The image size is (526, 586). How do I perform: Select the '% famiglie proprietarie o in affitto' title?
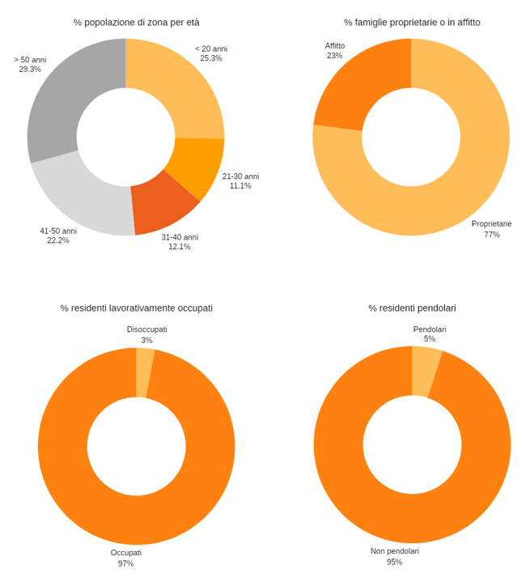click(x=412, y=22)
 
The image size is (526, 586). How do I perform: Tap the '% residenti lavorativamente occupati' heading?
click(x=136, y=308)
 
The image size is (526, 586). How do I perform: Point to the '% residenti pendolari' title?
click(x=412, y=308)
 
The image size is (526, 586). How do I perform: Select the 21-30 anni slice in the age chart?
click(x=199, y=166)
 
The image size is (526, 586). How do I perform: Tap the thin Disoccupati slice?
click(x=144, y=372)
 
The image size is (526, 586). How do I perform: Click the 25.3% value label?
click(x=211, y=58)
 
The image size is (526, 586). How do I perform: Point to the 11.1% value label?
click(x=240, y=186)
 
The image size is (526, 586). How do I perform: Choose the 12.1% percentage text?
click(x=180, y=247)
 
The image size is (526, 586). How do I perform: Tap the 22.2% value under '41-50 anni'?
click(x=58, y=240)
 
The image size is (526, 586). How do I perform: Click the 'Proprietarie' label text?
click(x=491, y=223)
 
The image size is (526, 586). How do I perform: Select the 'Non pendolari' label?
click(x=395, y=551)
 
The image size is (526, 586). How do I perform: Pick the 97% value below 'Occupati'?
click(x=125, y=563)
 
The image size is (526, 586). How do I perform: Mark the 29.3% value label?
click(x=30, y=70)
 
